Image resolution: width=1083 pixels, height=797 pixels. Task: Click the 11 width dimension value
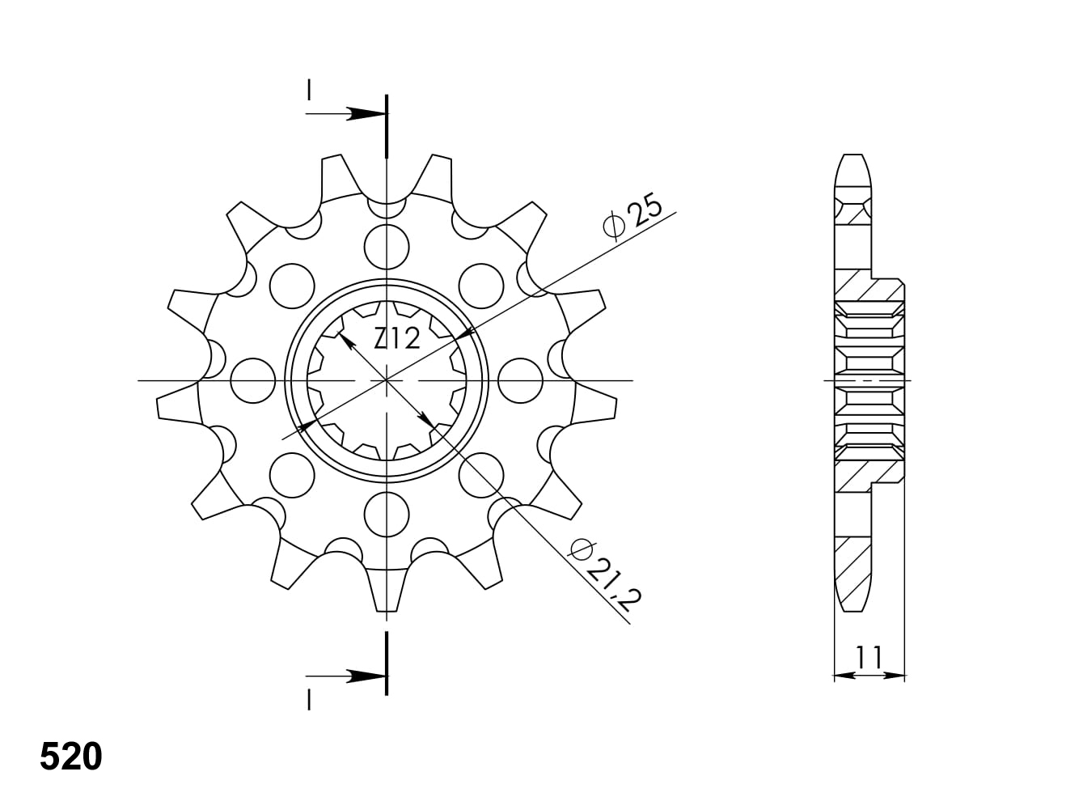click(x=869, y=657)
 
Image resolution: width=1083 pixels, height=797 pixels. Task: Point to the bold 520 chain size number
click(x=71, y=757)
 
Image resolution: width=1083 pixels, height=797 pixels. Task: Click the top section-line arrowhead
click(x=366, y=114)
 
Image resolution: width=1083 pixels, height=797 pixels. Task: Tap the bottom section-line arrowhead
click(x=366, y=676)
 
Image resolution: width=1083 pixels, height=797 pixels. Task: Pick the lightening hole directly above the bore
click(x=387, y=247)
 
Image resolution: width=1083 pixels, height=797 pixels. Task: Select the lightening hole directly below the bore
click(x=387, y=515)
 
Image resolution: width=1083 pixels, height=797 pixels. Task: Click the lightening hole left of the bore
click(x=253, y=380)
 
